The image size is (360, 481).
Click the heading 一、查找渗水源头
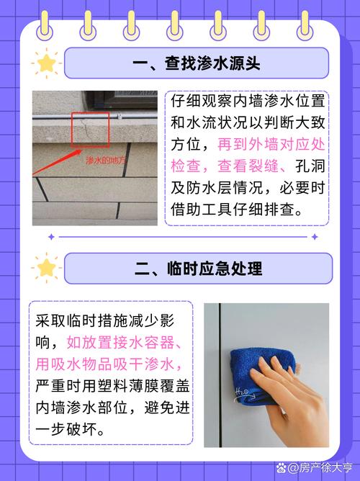pyautogui.click(x=196, y=63)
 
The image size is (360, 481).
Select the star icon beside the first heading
pyautogui.click(x=47, y=63)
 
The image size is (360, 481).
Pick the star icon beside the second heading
pyautogui.click(x=47, y=269)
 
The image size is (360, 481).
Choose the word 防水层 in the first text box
pyautogui.click(x=205, y=189)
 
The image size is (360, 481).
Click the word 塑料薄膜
pyautogui.click(x=122, y=386)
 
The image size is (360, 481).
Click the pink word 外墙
pyautogui.click(x=257, y=144)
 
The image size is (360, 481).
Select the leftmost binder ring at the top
pyautogui.click(x=45, y=23)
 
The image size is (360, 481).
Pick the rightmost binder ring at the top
pyautogui.click(x=315, y=23)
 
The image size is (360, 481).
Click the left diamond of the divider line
pyautogui.click(x=50, y=235)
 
